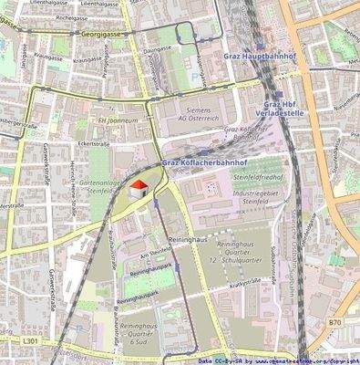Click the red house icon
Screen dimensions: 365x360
(139, 188)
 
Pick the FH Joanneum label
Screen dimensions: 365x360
(119, 119)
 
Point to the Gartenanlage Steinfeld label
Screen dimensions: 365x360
(100, 185)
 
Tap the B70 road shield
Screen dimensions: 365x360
(334, 322)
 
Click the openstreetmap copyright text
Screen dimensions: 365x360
(282, 360)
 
